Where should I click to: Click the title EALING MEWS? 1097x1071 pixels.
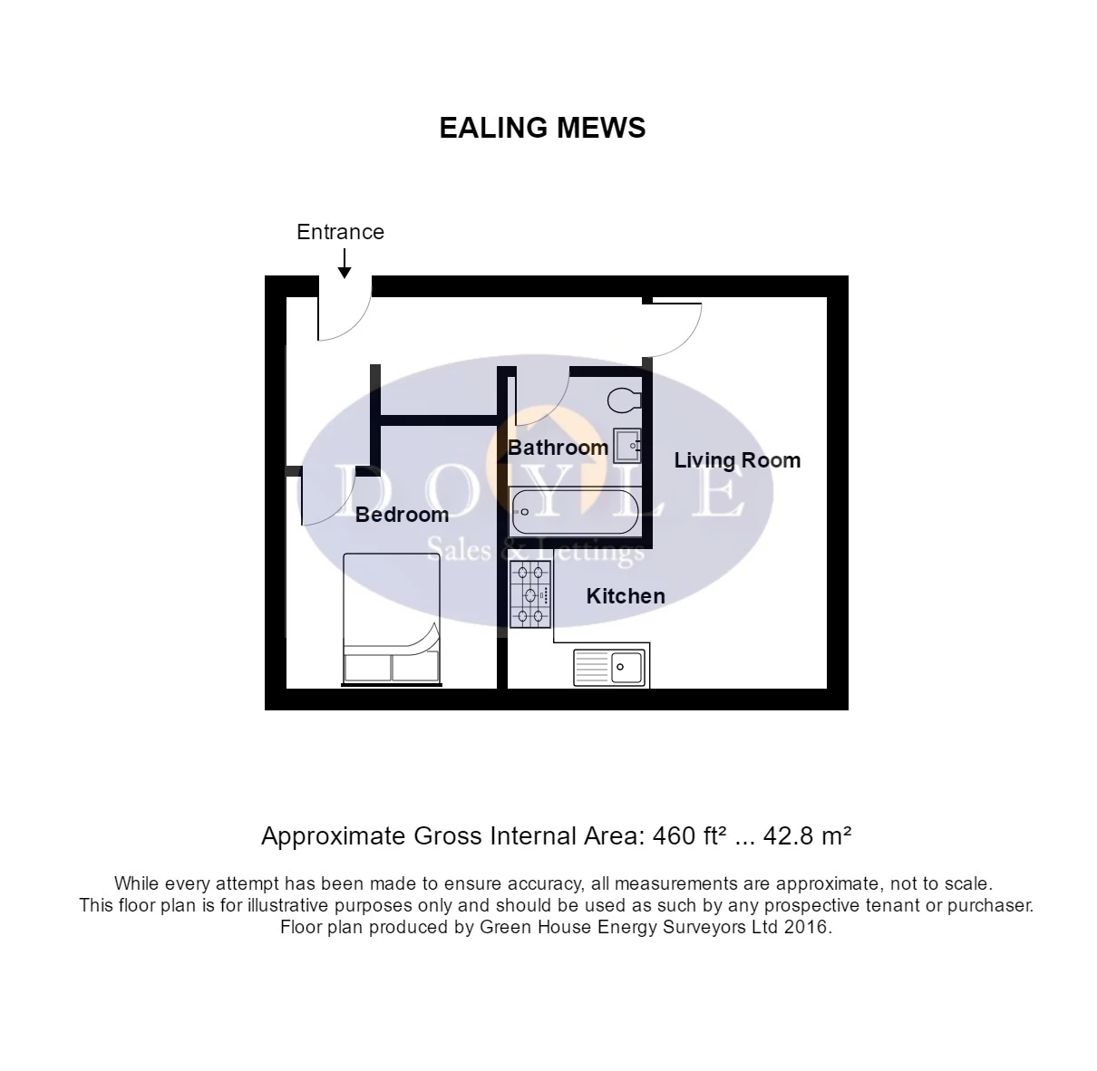coord(542,128)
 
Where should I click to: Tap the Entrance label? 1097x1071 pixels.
coord(340,232)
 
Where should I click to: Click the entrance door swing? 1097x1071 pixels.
coord(344,313)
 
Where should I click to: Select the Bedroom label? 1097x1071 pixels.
coord(402,515)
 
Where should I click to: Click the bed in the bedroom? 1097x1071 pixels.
coord(392,618)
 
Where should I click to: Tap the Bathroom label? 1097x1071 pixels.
coord(558,448)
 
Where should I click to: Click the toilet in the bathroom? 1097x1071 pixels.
coord(625,400)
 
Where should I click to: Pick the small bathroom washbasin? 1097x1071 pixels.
coord(627,446)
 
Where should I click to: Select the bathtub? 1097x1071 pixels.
coord(576,512)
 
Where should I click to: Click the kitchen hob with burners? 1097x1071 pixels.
coord(530,594)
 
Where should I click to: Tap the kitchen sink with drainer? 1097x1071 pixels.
coord(609,668)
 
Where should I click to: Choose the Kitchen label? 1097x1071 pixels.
coord(626,596)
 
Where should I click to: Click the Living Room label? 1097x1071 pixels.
coord(737,460)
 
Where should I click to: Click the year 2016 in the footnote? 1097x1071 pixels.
coord(806,928)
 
